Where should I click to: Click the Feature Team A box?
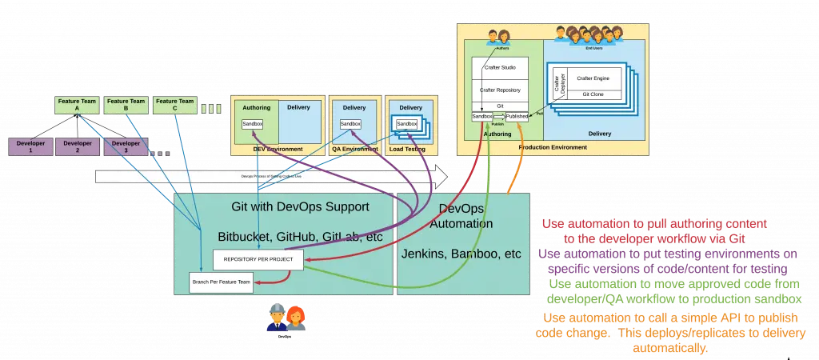(x=78, y=105)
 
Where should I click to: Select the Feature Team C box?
(x=175, y=105)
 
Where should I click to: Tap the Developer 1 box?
(x=30, y=146)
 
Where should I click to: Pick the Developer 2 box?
(x=78, y=146)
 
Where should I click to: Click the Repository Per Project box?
(x=258, y=259)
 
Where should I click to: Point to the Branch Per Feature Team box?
(x=221, y=282)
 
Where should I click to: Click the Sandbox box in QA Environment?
(x=350, y=124)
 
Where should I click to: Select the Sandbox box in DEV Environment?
(x=253, y=124)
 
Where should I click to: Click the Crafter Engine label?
(x=596, y=78)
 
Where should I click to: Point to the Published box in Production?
(x=517, y=117)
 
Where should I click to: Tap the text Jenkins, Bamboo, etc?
(x=461, y=254)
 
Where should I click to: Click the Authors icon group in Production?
(x=498, y=37)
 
